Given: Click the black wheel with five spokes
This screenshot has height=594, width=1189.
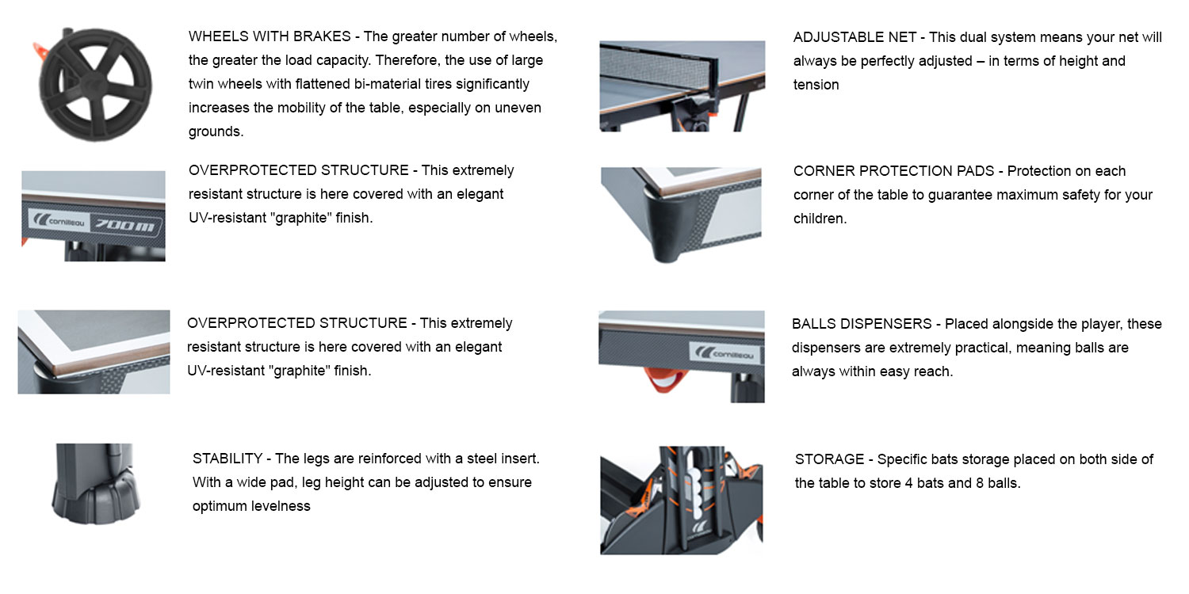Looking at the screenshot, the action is coord(96,85).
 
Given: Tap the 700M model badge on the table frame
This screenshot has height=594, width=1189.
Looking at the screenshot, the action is coord(125,225).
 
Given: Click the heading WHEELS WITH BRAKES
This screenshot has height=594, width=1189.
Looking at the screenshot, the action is coord(270,36).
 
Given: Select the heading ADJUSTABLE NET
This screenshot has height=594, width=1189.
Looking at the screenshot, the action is coord(854,38).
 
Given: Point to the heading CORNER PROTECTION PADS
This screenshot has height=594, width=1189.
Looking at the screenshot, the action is coord(893,171).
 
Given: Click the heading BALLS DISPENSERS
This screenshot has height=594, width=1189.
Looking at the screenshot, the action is coord(862,324).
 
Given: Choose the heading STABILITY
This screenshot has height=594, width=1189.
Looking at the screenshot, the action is coord(227,459).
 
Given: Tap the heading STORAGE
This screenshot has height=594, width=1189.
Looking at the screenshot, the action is coord(829,459).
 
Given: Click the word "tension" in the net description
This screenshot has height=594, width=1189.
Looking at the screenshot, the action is coord(816,85).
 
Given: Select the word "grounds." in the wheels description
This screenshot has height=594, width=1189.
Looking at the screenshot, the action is coord(216,132).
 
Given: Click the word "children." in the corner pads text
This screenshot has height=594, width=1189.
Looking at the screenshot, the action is coord(820,219).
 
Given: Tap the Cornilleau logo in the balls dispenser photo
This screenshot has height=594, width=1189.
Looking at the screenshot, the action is coord(724,353).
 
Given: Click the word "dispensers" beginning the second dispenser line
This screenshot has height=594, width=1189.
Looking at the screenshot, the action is coord(827,348).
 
